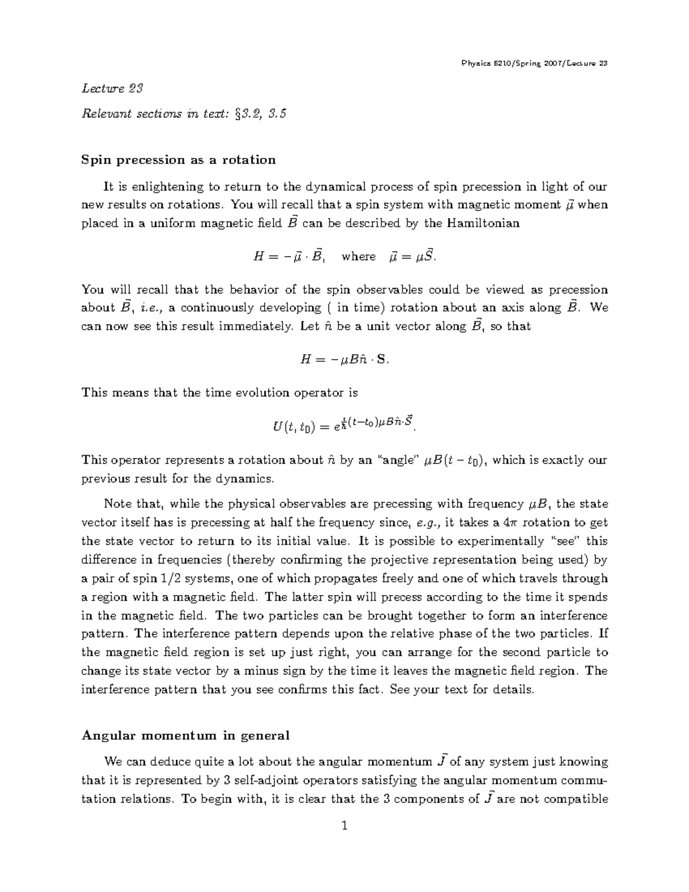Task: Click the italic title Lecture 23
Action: click(112, 88)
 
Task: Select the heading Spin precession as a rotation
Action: click(179, 160)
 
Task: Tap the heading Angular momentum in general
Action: click(185, 736)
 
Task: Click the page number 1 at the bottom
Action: click(344, 827)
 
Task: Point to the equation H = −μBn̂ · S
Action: click(344, 360)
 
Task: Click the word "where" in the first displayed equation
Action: click(358, 257)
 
